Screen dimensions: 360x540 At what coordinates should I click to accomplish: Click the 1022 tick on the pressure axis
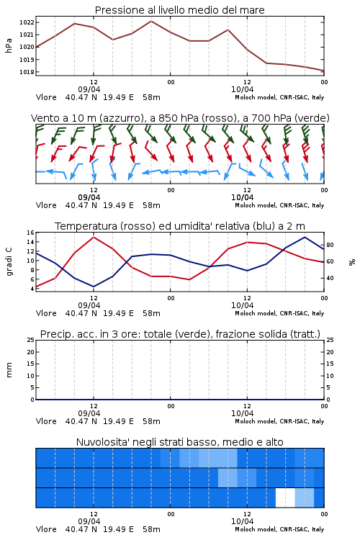(27, 22)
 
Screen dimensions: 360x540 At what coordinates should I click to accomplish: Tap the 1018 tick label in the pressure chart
(27, 72)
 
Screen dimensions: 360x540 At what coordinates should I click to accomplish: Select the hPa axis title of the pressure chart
(9, 45)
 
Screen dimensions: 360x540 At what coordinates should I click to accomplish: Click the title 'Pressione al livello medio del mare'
(180, 10)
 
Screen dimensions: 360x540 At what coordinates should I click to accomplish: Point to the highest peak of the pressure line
(151, 21)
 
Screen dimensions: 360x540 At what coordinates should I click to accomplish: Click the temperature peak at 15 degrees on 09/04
(94, 237)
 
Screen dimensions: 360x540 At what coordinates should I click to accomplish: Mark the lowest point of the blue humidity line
(94, 287)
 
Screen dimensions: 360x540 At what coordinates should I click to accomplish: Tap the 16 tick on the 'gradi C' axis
(31, 233)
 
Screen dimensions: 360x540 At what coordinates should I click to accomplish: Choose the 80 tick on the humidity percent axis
(330, 245)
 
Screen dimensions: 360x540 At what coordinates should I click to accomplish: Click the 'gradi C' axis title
(9, 261)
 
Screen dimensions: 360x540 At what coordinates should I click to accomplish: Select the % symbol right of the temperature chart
(352, 262)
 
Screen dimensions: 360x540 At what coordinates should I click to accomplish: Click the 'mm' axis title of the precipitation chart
(9, 370)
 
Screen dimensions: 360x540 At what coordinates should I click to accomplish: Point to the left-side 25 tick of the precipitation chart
(31, 341)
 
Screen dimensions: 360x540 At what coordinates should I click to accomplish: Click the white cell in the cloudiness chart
(285, 498)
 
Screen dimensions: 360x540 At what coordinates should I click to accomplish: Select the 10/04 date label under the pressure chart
(242, 89)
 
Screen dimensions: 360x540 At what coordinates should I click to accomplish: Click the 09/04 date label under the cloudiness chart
(89, 521)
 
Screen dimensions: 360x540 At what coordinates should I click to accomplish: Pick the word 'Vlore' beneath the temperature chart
(46, 313)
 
